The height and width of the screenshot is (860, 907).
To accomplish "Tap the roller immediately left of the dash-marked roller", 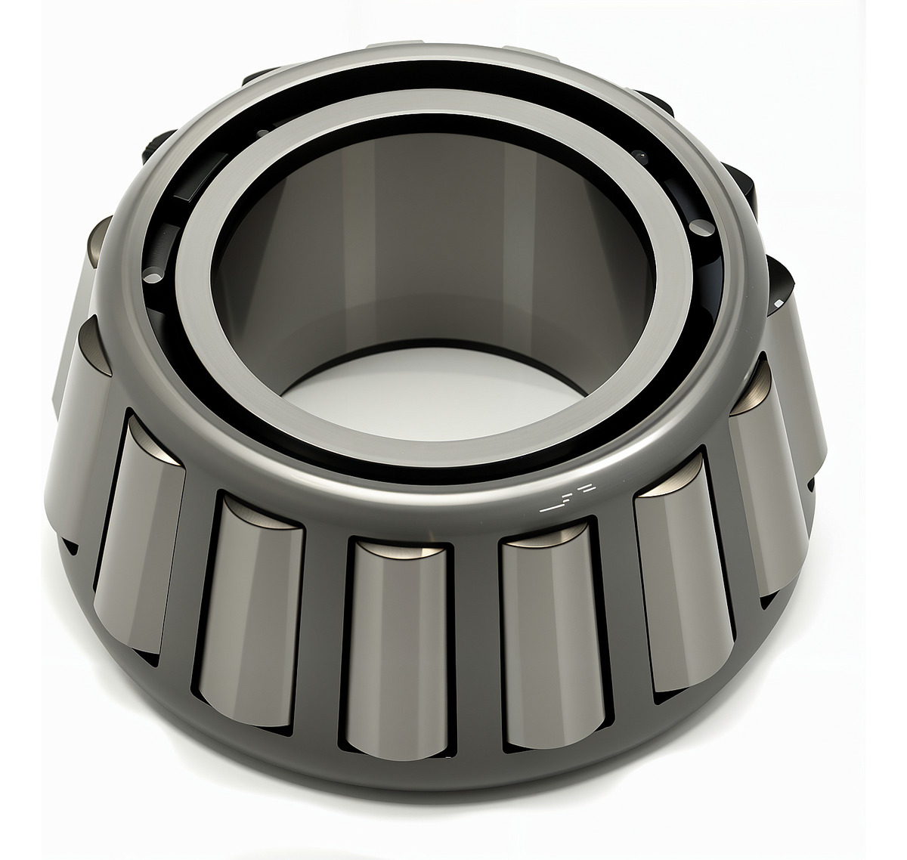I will coord(397,642).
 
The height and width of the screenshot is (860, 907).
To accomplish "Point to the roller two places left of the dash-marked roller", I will coord(253,605).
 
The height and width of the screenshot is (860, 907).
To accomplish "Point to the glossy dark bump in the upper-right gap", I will coord(642,155).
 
